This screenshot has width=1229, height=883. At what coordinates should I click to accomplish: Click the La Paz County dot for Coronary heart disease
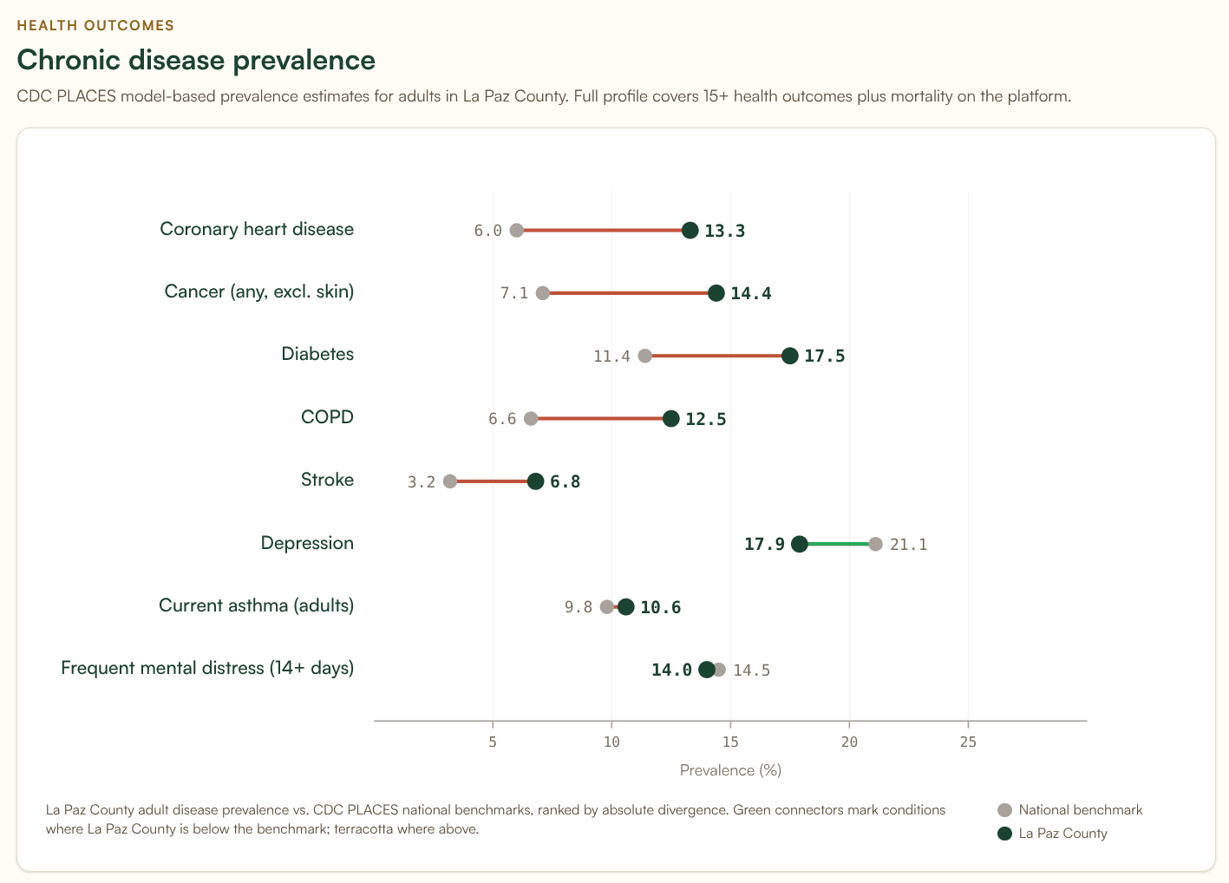pyautogui.click(x=690, y=230)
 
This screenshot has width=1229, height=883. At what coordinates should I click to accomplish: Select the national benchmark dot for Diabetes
pyautogui.click(x=644, y=356)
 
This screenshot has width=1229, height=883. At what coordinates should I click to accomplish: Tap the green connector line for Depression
pyautogui.click(x=837, y=544)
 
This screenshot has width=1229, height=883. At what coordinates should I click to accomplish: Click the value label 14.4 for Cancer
pyautogui.click(x=750, y=293)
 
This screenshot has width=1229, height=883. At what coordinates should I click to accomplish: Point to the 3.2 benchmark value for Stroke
pyautogui.click(x=422, y=481)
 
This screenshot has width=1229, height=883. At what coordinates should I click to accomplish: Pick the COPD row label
pyautogui.click(x=327, y=417)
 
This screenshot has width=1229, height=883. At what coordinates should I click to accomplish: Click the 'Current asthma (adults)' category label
pyautogui.click(x=256, y=605)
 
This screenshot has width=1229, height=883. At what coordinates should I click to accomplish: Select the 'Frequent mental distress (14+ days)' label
pyautogui.click(x=207, y=668)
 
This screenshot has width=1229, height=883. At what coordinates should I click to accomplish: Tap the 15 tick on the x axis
pyautogui.click(x=730, y=742)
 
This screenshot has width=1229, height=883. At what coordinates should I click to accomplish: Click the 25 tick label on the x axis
pyautogui.click(x=968, y=742)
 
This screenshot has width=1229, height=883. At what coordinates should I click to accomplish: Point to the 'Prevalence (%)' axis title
pyautogui.click(x=730, y=770)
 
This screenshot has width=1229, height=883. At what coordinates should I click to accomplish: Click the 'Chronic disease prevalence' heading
pyautogui.click(x=196, y=60)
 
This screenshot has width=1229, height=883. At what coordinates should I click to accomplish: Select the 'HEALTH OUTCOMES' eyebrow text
pyautogui.click(x=95, y=25)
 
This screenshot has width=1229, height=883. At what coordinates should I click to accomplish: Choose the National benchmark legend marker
pyautogui.click(x=1005, y=810)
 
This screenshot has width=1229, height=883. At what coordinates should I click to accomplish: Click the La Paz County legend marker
pyautogui.click(x=1005, y=834)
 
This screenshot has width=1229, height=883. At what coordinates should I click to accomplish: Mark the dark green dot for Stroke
pyautogui.click(x=536, y=481)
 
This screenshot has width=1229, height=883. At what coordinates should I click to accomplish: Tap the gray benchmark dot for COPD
pyautogui.click(x=531, y=419)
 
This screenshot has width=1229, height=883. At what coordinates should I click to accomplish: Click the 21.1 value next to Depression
pyautogui.click(x=908, y=545)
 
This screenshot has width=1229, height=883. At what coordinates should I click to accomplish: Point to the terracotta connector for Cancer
pyautogui.click(x=629, y=293)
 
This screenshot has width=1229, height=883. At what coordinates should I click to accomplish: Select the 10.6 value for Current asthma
pyautogui.click(x=660, y=607)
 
